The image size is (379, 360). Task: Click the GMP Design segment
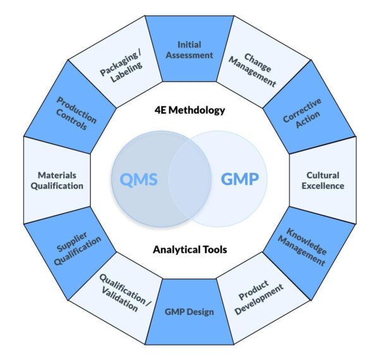click(189, 312)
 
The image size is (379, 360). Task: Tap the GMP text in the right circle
click(239, 179)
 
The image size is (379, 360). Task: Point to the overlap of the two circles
click(190, 179)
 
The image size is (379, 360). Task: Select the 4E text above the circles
click(161, 110)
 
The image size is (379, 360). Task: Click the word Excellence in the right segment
click(322, 186)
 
